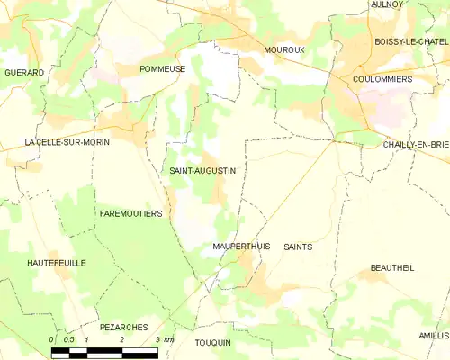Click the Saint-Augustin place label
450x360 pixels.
point(202,169)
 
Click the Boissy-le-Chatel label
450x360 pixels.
point(409,41)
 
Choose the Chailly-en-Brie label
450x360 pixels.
point(415,144)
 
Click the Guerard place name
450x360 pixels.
point(24,72)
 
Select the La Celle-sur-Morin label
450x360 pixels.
point(61,143)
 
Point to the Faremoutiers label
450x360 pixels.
point(130,213)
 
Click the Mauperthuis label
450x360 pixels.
point(240,246)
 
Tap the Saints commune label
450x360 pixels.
point(298,246)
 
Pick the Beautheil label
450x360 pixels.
point(392,268)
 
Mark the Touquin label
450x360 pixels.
point(212,342)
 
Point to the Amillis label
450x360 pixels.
point(432,335)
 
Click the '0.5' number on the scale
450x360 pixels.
point(68,339)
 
